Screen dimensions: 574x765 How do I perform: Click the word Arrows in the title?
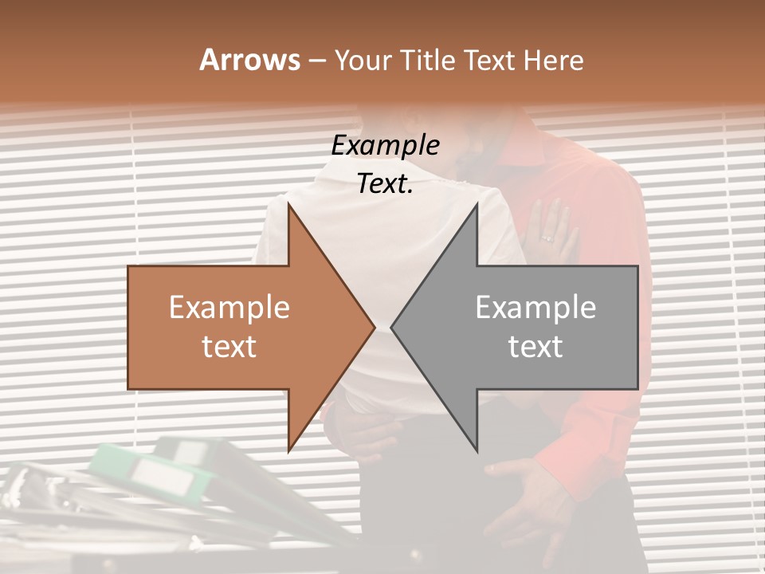(x=249, y=60)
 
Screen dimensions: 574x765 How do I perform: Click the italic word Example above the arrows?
(x=385, y=146)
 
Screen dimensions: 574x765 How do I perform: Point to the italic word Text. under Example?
(x=385, y=184)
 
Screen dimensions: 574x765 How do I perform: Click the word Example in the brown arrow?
(x=229, y=308)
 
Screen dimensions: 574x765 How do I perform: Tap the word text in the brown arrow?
(x=229, y=347)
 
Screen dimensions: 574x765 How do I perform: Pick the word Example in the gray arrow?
(x=535, y=308)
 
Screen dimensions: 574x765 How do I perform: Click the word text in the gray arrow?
(x=535, y=347)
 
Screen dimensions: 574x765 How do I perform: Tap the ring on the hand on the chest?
(x=547, y=238)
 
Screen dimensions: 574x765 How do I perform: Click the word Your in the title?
(x=360, y=61)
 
